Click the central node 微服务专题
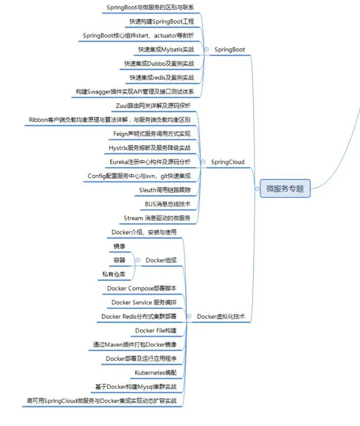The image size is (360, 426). click(x=285, y=189)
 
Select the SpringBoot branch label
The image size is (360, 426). click(x=229, y=50)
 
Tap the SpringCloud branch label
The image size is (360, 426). click(x=227, y=162)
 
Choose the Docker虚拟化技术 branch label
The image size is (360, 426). click(x=220, y=316)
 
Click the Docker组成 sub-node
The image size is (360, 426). click(x=161, y=260)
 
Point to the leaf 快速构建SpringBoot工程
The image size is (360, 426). click(x=161, y=21)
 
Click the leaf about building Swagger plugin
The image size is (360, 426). click(x=134, y=91)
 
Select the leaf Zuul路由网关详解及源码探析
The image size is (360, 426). click(x=152, y=106)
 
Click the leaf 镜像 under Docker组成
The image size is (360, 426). click(x=119, y=246)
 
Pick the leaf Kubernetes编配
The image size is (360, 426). click(x=155, y=373)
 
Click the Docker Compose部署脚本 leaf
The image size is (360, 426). click(x=141, y=288)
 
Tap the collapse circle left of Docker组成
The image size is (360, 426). click(x=137, y=260)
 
